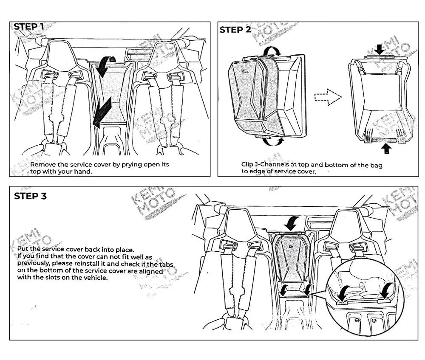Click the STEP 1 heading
[x=29, y=27]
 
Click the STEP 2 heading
[x=235, y=30]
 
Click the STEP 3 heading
[x=30, y=196]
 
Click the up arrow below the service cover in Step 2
[x=386, y=148]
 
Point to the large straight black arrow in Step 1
[x=102, y=110]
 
